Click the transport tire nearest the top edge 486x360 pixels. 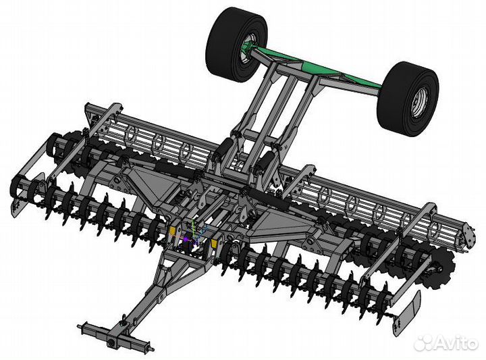[236, 45]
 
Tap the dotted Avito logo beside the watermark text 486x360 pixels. [423, 343]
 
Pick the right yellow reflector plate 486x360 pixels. [214, 243]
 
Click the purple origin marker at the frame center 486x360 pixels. [186, 239]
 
